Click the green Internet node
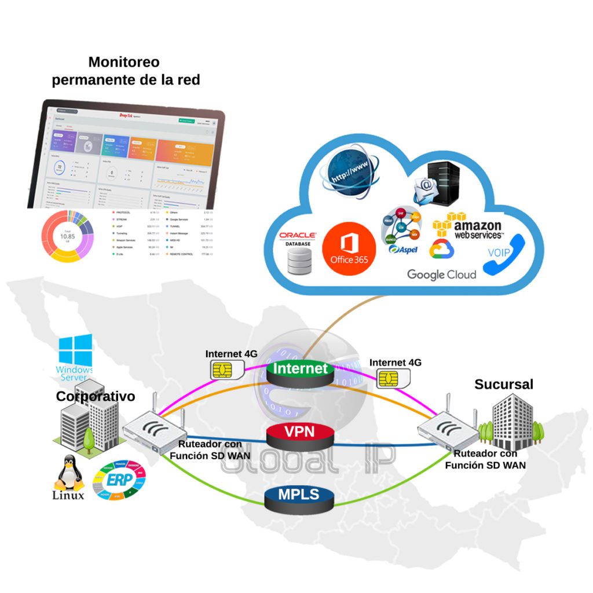coord(301,371)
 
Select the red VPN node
coord(300,434)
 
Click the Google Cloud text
coord(441,274)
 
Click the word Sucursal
coord(504,384)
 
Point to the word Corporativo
coord(95,397)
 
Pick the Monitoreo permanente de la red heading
coord(126,71)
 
